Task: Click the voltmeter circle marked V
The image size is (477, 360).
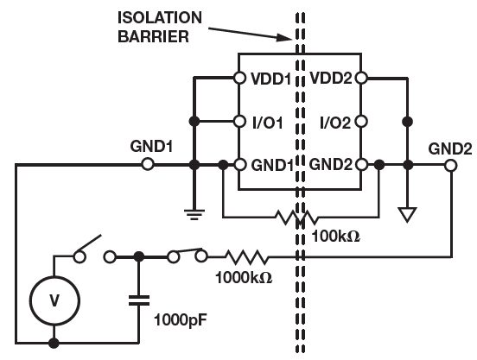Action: pos(54,300)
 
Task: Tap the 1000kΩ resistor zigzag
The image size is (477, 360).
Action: pos(246,256)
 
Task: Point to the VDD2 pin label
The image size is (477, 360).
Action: pos(331,78)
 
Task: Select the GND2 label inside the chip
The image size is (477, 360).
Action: pos(331,164)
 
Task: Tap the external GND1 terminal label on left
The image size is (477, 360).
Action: pos(151,146)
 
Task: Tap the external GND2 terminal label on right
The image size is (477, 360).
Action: pos(449,146)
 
